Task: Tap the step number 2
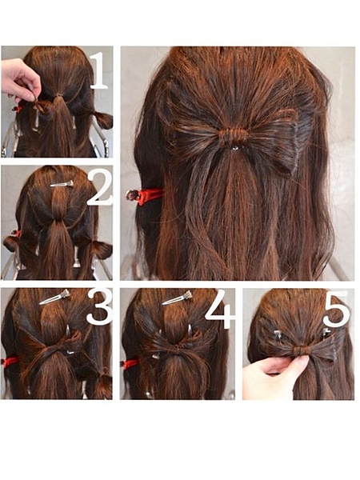point(100,188)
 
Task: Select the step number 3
point(100,307)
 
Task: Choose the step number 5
point(337,309)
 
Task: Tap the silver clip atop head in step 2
point(62,184)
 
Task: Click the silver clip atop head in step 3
point(54,298)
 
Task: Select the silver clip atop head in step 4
point(178,298)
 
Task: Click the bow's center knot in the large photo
point(232,136)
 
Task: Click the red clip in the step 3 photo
point(11,362)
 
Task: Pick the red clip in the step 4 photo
point(130,364)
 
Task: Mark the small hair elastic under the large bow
point(234,148)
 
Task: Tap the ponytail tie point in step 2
point(57,221)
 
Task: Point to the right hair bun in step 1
point(102,120)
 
